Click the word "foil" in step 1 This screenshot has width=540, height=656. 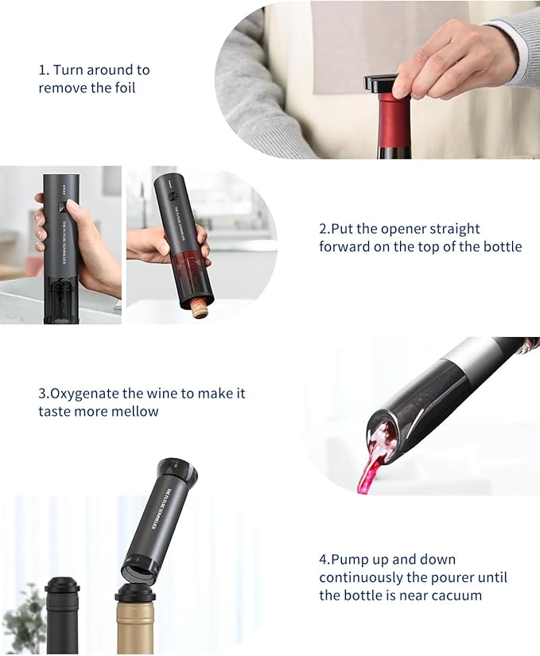point(123,87)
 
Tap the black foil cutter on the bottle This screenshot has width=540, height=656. point(382,83)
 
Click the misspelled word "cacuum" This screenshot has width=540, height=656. point(456,596)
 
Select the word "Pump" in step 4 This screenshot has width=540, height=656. point(348,559)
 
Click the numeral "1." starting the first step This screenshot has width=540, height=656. point(44,70)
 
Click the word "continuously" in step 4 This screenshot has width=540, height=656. point(359,577)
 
